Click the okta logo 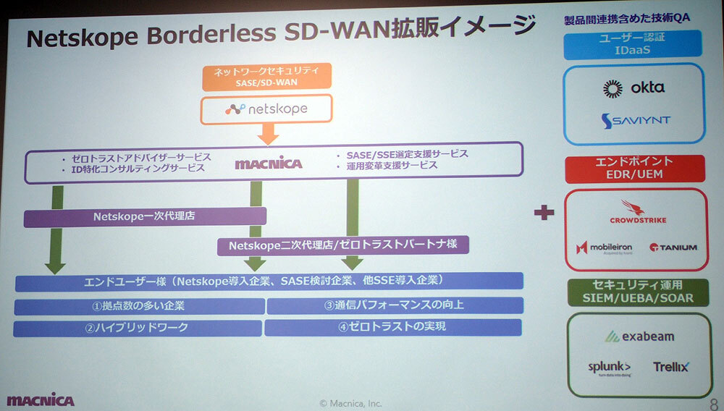(633, 88)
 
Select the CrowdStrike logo (638, 211)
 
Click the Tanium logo (673, 247)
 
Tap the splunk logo (609, 368)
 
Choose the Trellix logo (670, 367)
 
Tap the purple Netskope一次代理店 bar (145, 216)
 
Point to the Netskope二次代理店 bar (343, 246)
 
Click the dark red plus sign (544, 213)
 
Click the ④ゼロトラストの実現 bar (392, 327)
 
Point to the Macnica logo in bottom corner (41, 399)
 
